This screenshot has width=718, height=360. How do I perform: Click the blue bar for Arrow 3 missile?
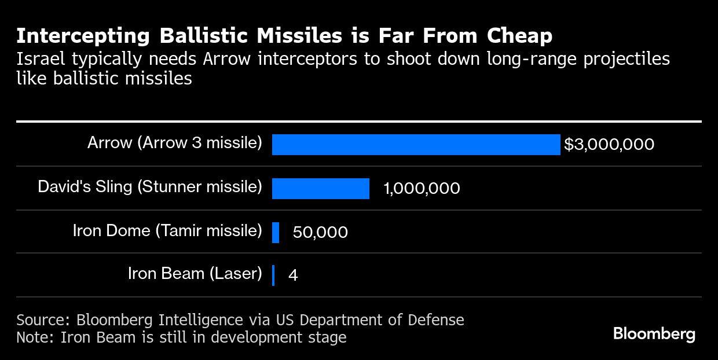pyautogui.click(x=416, y=145)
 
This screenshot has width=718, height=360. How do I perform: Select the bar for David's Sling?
pyautogui.click(x=320, y=189)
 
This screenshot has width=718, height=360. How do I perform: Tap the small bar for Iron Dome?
pyautogui.click(x=276, y=232)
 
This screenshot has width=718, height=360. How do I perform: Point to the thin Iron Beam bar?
pyautogui.click(x=273, y=275)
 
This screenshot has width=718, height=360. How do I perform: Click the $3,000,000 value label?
pyautogui.click(x=609, y=145)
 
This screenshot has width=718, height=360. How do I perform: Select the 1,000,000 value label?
pyautogui.click(x=422, y=189)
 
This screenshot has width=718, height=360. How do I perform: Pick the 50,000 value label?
pyautogui.click(x=320, y=232)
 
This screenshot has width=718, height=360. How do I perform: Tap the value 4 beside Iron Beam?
pyautogui.click(x=293, y=275)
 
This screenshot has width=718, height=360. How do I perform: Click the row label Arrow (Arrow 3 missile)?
pyautogui.click(x=174, y=142)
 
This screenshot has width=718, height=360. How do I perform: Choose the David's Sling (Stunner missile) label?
pyautogui.click(x=149, y=186)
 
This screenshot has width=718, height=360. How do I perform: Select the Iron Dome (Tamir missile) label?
pyautogui.click(x=167, y=230)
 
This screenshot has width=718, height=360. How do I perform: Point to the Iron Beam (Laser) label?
pyautogui.click(x=195, y=273)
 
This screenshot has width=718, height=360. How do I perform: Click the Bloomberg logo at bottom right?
pyautogui.click(x=654, y=334)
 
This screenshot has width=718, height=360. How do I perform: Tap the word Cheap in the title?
pyautogui.click(x=519, y=36)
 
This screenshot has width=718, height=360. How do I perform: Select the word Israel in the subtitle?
pyautogui.click(x=39, y=59)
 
